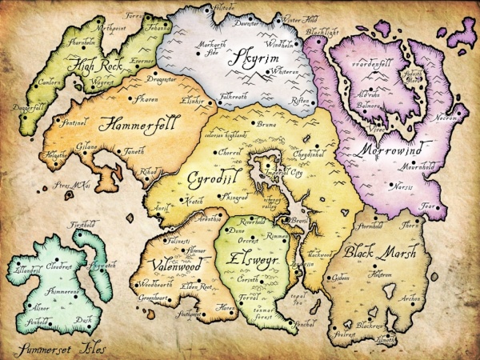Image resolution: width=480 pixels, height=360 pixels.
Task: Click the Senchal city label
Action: (305, 325)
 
